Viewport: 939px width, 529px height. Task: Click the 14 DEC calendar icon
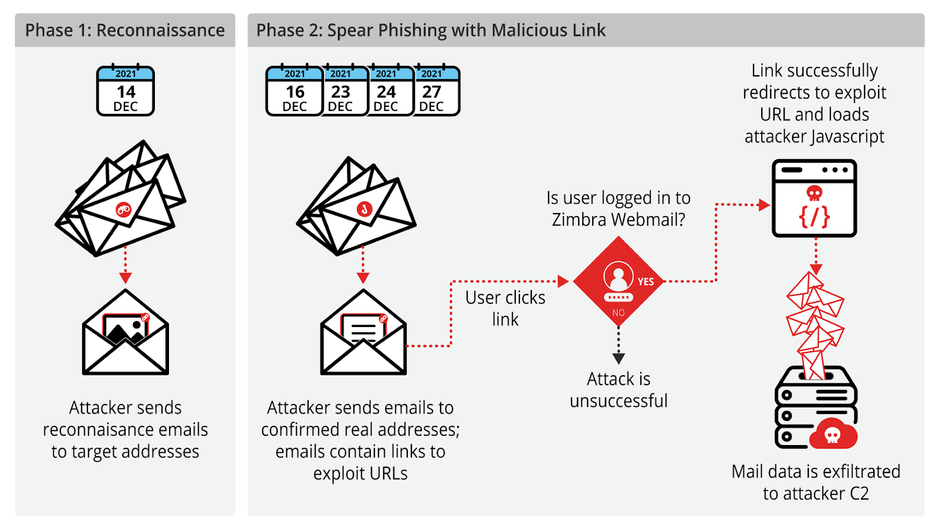(x=126, y=91)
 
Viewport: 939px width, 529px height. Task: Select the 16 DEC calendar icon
(x=295, y=91)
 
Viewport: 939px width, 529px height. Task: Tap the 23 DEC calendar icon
(x=340, y=91)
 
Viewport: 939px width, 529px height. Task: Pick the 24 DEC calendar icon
(x=386, y=91)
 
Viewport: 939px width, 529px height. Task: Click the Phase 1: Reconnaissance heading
(x=125, y=31)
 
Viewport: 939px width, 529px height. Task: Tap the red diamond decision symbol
(x=618, y=281)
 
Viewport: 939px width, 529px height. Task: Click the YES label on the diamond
(x=646, y=282)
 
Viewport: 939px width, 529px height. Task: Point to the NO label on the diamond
(x=619, y=313)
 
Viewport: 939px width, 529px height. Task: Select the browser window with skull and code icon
(x=815, y=198)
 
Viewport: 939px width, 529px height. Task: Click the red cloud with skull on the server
(x=833, y=434)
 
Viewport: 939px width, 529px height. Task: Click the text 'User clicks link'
(x=505, y=308)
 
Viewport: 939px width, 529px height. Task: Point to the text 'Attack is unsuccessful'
(x=619, y=389)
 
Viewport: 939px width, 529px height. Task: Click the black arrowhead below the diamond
(x=619, y=358)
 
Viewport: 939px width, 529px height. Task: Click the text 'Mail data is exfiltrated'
(x=816, y=471)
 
